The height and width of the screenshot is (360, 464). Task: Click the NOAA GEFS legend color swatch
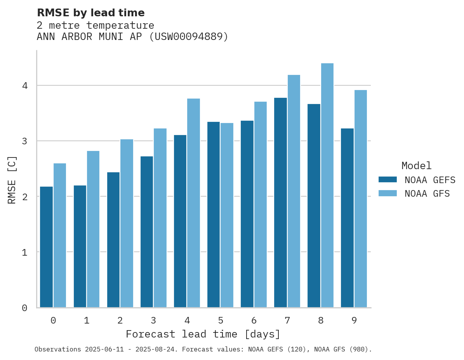(388, 180)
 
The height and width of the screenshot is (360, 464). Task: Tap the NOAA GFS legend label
(427, 194)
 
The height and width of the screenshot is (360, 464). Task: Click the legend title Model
(416, 166)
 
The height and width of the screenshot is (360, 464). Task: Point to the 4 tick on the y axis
(24, 86)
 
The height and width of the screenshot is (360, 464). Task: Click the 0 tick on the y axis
(24, 308)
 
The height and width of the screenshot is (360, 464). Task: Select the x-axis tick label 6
(254, 320)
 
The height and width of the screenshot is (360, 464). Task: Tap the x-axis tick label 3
(153, 320)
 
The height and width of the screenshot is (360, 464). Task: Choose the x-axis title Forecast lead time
(203, 334)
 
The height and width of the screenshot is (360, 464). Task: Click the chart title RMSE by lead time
(90, 13)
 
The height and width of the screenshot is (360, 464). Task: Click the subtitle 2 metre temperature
(95, 25)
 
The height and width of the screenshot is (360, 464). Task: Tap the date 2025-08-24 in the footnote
(159, 349)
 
